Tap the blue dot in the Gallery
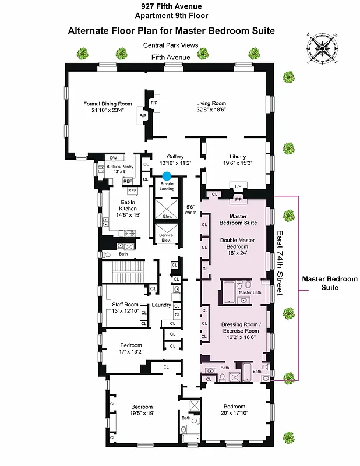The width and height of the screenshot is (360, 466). tap(167, 175)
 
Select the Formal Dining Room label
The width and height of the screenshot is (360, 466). tap(108, 104)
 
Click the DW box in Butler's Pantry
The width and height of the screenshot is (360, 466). tap(113, 158)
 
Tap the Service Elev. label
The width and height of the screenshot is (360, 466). tap(167, 238)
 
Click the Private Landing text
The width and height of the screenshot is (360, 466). tap(167, 186)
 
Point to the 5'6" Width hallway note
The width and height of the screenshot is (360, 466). tap(190, 209)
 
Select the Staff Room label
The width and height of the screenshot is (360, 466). tap(125, 304)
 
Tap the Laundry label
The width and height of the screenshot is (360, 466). tap(161, 305)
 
